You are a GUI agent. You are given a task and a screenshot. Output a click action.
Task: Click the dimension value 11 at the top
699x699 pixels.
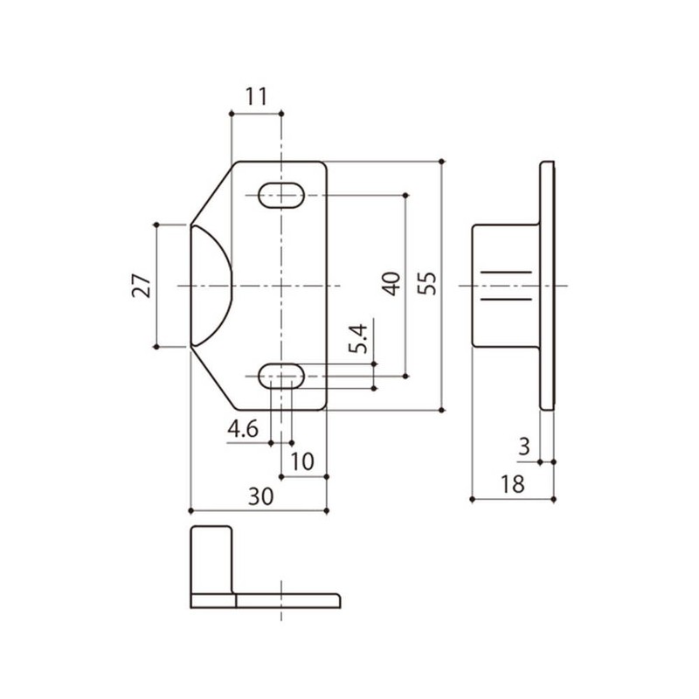[x=255, y=97]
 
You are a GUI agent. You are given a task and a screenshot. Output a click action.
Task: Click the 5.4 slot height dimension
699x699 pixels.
[x=359, y=338]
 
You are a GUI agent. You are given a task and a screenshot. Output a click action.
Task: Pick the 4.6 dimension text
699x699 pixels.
[x=242, y=429]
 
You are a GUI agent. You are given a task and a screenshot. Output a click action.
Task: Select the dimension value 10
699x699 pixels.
[x=302, y=460]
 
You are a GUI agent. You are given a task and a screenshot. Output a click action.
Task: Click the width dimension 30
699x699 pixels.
[x=260, y=496]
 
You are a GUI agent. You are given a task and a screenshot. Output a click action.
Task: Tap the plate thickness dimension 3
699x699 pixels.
[x=523, y=447]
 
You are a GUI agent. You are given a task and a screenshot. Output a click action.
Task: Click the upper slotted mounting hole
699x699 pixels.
[x=281, y=195]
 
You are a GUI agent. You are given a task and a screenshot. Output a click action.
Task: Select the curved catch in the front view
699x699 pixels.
[x=210, y=286]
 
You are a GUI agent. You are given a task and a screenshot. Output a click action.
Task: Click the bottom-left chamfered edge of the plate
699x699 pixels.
[x=211, y=378]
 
